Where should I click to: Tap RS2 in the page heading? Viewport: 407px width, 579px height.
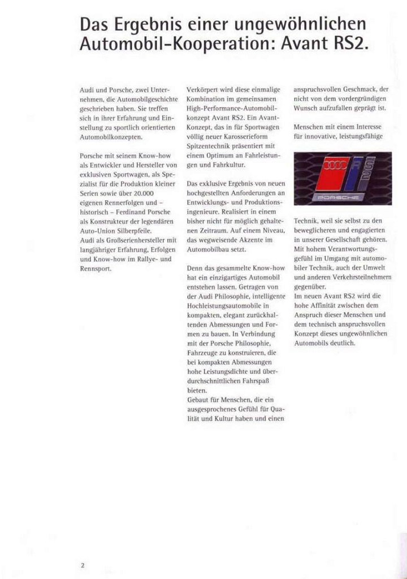pos(351,44)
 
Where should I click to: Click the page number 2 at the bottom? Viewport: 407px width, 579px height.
pos(83,564)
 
